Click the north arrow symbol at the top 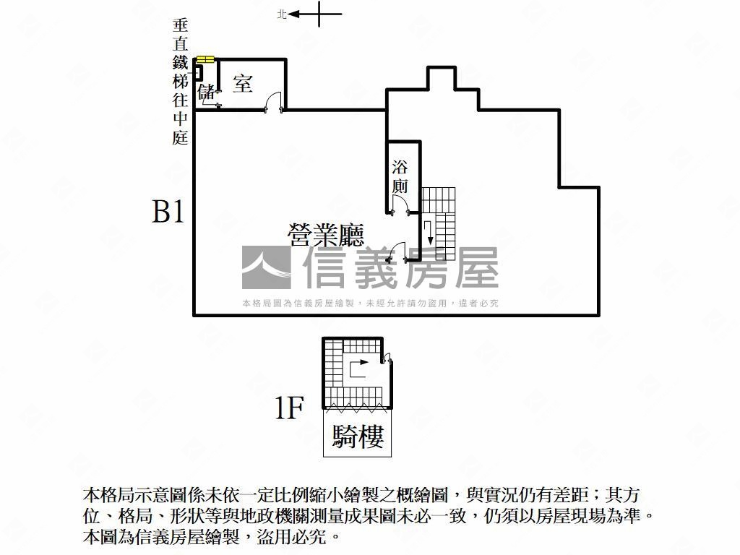tap(314, 14)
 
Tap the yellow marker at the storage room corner tap(206, 59)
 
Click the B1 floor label tap(168, 211)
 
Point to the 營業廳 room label tap(326, 235)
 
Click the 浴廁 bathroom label tap(400, 176)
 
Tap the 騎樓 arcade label tap(358, 436)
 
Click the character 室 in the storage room tap(243, 84)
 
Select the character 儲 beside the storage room tap(206, 92)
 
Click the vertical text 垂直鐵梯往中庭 tap(180, 82)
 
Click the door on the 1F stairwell tap(387, 358)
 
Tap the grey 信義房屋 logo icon tap(266, 267)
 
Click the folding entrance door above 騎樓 tap(357, 406)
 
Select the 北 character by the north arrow tap(282, 14)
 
